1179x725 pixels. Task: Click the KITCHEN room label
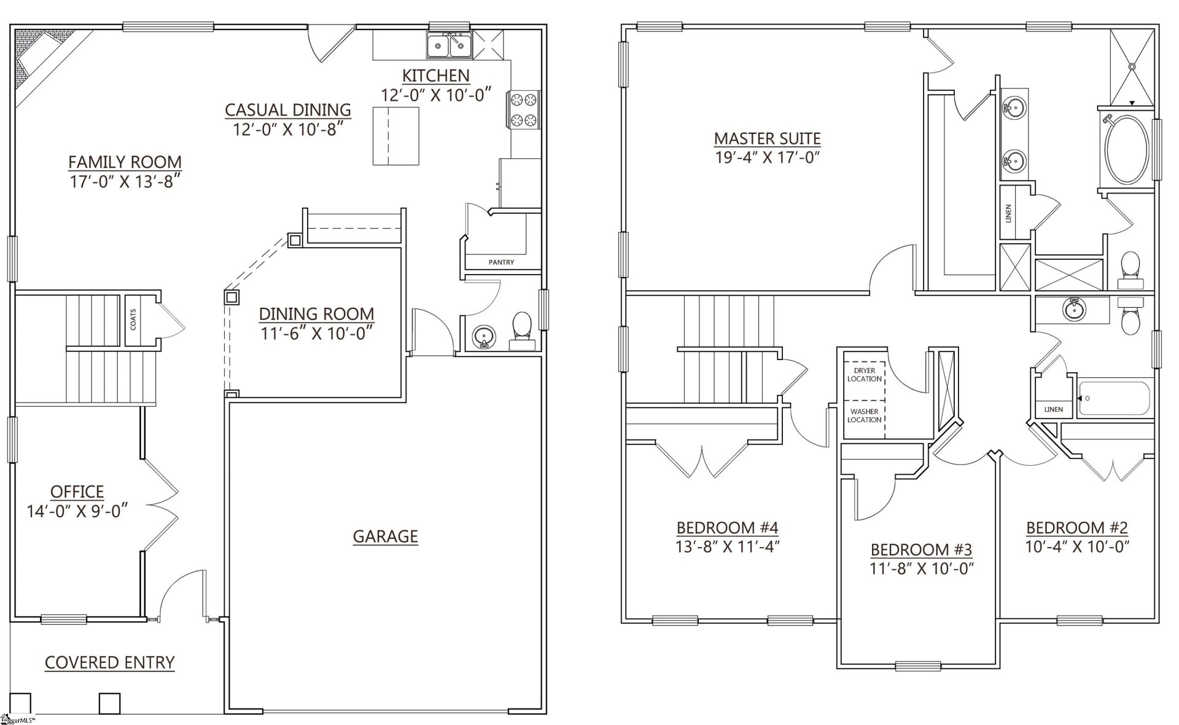click(x=435, y=76)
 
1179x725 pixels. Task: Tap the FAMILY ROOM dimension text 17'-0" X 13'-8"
click(x=126, y=181)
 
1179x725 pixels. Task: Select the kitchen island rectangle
click(x=395, y=136)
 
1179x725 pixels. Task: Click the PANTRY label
click(x=501, y=262)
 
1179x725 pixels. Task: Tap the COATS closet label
click(x=133, y=319)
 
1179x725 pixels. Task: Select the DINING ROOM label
click(x=316, y=313)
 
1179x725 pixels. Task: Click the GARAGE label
click(x=385, y=536)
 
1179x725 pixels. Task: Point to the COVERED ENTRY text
click(x=110, y=662)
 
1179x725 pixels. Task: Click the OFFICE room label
click(x=77, y=492)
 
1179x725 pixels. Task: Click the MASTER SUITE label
click(x=767, y=138)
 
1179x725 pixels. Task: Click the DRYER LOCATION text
click(x=864, y=375)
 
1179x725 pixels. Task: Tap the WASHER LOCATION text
click(x=864, y=415)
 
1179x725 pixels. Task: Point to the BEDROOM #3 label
click(x=921, y=549)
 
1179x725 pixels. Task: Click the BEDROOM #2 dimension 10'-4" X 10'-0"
click(x=1077, y=546)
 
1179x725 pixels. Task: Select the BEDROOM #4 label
click(x=727, y=527)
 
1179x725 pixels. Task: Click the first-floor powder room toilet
click(x=522, y=328)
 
